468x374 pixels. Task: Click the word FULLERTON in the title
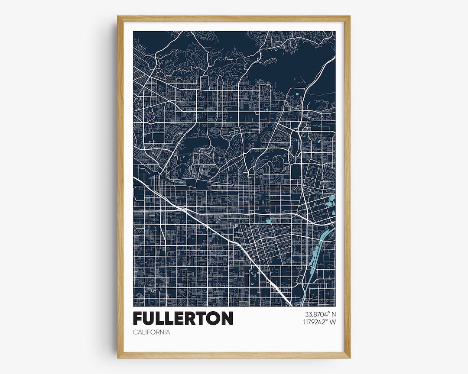point(183,318)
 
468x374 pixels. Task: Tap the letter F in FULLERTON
point(138,318)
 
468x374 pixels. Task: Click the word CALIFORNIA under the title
point(151,332)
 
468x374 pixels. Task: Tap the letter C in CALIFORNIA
point(135,332)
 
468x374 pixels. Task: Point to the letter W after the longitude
point(332,322)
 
